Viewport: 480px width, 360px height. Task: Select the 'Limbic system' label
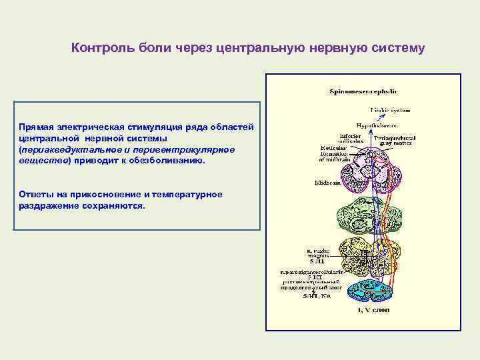coord(391,109)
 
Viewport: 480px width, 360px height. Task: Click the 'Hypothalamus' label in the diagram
coord(375,125)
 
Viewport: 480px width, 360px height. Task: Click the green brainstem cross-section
coord(367,213)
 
